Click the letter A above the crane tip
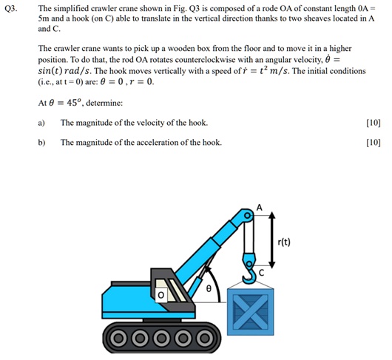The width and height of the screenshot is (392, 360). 259,207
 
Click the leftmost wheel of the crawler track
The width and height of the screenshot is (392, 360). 121,340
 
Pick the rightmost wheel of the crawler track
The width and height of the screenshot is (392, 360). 204,340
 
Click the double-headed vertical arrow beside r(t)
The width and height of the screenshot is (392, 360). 273,237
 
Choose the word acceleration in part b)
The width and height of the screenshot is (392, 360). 155,141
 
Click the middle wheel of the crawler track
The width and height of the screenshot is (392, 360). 163,340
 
